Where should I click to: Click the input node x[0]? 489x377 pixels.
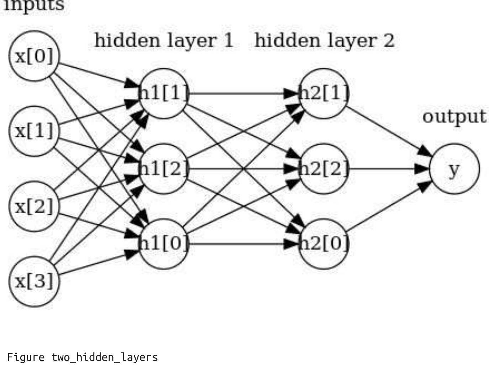pos(34,56)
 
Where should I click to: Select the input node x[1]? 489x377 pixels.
pos(34,131)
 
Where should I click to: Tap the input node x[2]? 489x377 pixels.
pos(34,206)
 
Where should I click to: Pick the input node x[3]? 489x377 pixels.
pos(34,281)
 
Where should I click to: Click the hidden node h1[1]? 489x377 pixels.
pos(163,94)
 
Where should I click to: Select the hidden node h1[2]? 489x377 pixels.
pos(163,169)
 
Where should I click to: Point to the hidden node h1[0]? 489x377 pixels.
pos(163,244)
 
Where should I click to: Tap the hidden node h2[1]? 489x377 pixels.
pos(324,94)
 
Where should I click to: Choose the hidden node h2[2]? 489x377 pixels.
pos(324,169)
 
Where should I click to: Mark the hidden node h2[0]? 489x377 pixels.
pos(324,244)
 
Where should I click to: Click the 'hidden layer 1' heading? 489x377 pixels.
pos(164,40)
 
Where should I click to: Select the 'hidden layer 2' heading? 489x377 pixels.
pos(325,40)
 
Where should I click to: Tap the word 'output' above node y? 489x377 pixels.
pos(454,116)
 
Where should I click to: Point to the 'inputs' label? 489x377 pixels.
pos(34,6)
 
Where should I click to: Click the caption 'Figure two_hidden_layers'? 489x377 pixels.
pos(83,357)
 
